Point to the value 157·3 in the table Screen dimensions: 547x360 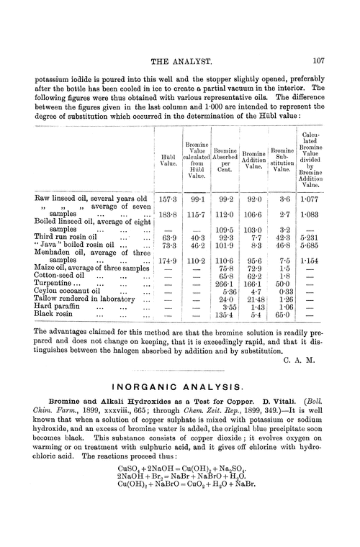point(167,196)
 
